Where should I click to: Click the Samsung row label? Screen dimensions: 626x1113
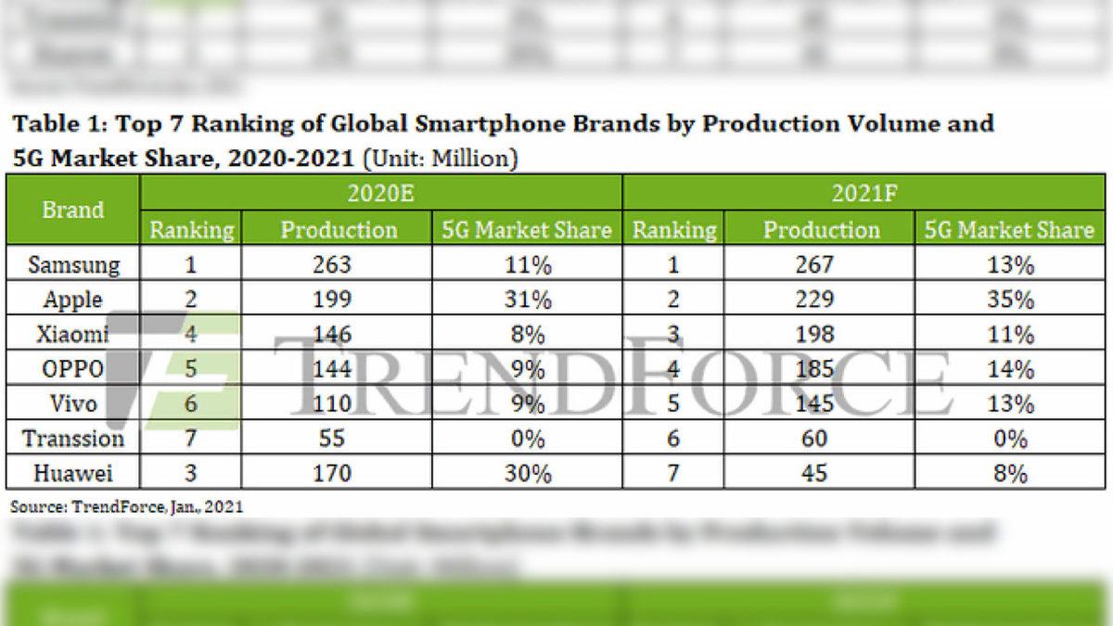pos(73,265)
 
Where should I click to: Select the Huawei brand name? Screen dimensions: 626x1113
pos(73,474)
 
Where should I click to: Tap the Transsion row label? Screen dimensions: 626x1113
pos(73,439)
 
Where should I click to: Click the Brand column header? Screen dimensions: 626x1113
pos(73,211)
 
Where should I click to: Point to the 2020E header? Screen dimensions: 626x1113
pos(380,194)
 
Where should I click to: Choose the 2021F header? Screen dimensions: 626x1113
pos(863,194)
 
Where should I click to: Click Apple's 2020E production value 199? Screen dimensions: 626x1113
pos(332,300)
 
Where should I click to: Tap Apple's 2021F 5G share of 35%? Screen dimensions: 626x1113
pos(1009,300)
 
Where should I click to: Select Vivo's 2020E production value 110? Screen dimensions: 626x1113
pos(332,404)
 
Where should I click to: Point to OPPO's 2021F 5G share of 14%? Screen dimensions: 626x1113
pos(1009,369)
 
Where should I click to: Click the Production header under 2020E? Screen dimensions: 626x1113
pos(339,230)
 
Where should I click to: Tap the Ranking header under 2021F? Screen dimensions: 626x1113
pos(674,230)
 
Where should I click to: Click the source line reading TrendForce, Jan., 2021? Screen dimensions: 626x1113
pos(127,506)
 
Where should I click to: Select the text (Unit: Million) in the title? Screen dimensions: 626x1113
pos(441,159)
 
